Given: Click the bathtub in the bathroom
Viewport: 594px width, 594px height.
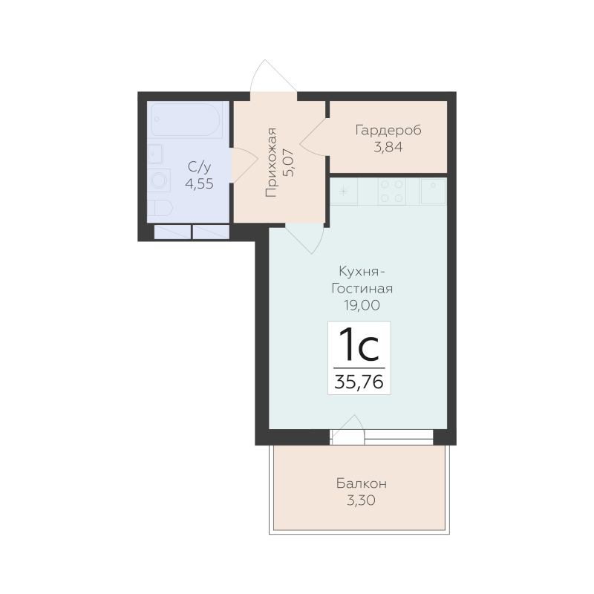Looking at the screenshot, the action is [187, 120].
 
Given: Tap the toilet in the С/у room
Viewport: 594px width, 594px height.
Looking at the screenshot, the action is [160, 208].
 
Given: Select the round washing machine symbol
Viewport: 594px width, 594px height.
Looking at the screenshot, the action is [159, 180].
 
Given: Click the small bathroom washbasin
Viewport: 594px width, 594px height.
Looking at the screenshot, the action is [155, 154].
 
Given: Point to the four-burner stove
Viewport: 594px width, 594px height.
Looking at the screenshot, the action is [392, 192].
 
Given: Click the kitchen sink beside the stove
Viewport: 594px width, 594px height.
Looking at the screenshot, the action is [433, 191].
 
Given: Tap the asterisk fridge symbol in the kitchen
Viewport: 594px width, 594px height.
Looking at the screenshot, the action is [344, 191].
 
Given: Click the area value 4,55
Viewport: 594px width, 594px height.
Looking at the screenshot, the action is [199, 184].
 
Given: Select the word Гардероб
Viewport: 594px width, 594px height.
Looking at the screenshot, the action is [388, 131].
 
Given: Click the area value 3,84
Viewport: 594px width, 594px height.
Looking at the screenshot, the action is [388, 147].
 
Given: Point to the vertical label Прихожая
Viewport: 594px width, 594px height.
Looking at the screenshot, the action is [271, 163].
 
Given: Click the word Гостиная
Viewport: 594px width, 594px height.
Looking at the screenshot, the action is [362, 289].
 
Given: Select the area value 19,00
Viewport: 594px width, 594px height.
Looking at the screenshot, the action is [362, 305].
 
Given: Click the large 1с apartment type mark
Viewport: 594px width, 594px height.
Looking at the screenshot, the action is [359, 345].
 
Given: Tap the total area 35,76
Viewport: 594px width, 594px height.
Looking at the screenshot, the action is [359, 382].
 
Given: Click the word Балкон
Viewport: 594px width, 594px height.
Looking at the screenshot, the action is [362, 484].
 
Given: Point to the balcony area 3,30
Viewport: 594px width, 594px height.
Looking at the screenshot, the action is [362, 500].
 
